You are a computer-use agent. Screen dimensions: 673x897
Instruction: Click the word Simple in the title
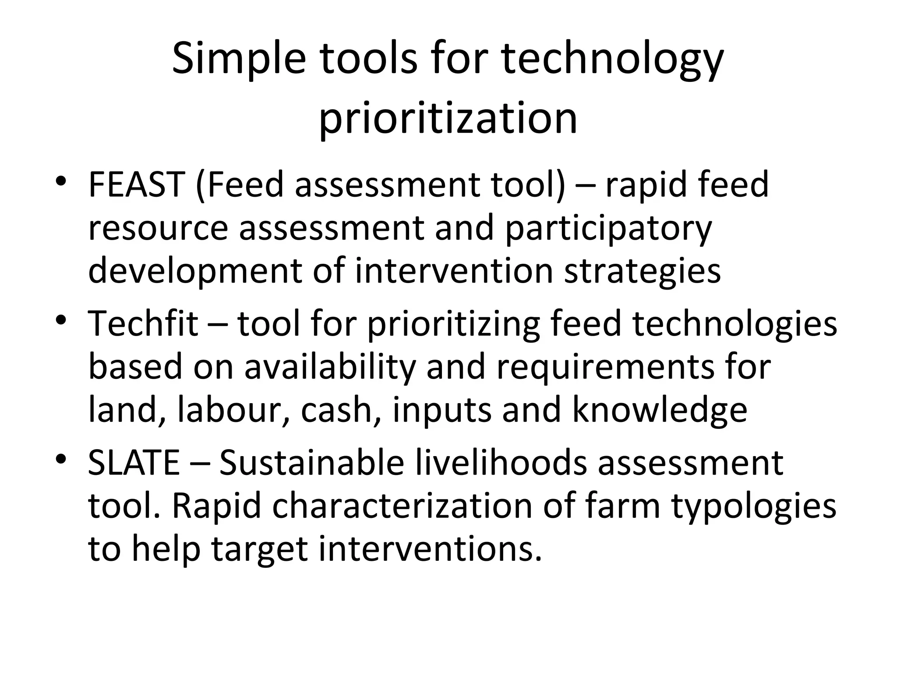(238, 60)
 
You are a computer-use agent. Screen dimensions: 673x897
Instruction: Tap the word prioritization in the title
(448, 119)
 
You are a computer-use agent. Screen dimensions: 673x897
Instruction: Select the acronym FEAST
(136, 184)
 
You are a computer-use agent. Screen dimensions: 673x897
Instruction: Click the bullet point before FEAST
(61, 181)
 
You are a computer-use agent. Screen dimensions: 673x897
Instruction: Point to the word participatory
(608, 229)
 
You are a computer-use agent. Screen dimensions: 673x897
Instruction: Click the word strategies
(642, 271)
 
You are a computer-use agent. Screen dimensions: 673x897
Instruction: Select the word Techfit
(143, 323)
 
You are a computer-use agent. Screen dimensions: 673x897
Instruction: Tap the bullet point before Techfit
(61, 319)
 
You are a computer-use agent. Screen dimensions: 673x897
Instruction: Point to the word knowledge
(660, 410)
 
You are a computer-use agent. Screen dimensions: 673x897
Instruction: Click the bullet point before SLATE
(61, 458)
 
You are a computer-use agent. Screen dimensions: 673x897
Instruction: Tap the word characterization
(402, 506)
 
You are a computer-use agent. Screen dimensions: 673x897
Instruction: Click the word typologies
(754, 507)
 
